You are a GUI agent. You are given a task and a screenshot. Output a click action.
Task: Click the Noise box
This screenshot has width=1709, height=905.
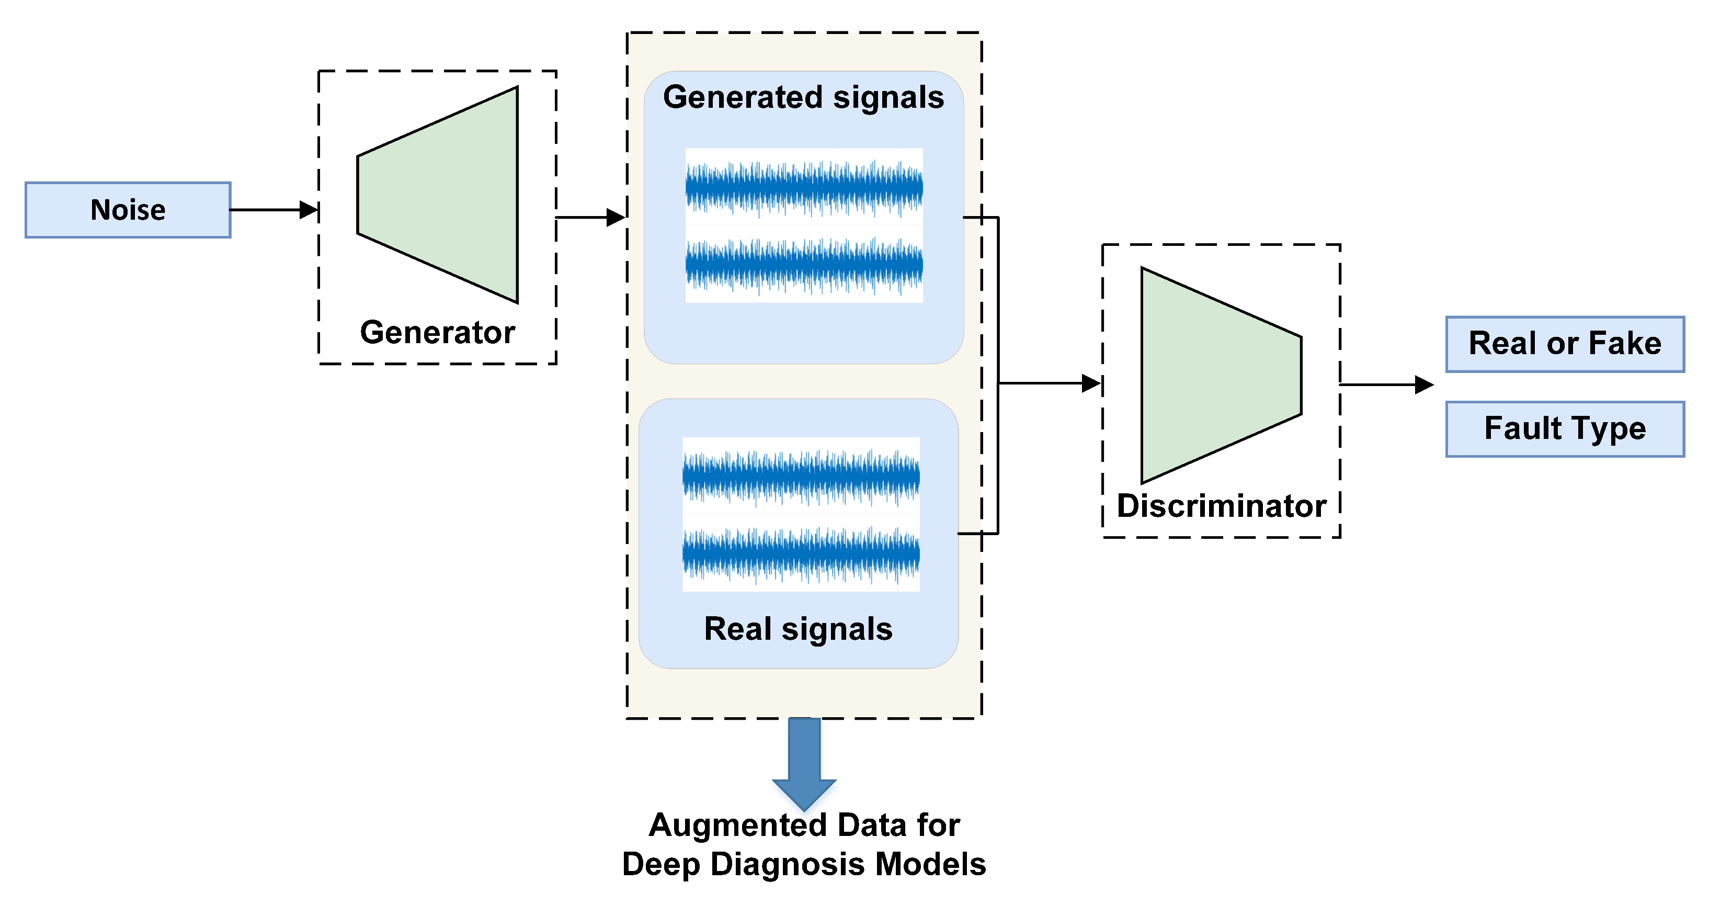pos(128,210)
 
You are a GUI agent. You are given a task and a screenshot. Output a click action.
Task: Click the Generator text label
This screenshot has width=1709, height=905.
pos(437,332)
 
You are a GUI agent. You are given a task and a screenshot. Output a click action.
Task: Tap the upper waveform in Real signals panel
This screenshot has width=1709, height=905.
pos(801,476)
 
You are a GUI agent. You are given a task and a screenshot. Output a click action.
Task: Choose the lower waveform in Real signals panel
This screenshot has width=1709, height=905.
pos(801,553)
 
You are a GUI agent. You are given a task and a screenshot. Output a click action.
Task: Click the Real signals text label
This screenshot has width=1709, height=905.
pos(798,628)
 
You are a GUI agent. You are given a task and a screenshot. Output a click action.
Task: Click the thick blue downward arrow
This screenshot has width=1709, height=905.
pos(804,763)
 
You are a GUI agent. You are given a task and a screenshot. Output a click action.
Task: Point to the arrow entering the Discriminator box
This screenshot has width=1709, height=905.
pos(1048,383)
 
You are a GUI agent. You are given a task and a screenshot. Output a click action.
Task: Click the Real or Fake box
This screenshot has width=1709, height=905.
pos(1564,344)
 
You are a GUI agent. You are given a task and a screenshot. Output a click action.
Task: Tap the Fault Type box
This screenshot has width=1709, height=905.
pos(1564,428)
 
